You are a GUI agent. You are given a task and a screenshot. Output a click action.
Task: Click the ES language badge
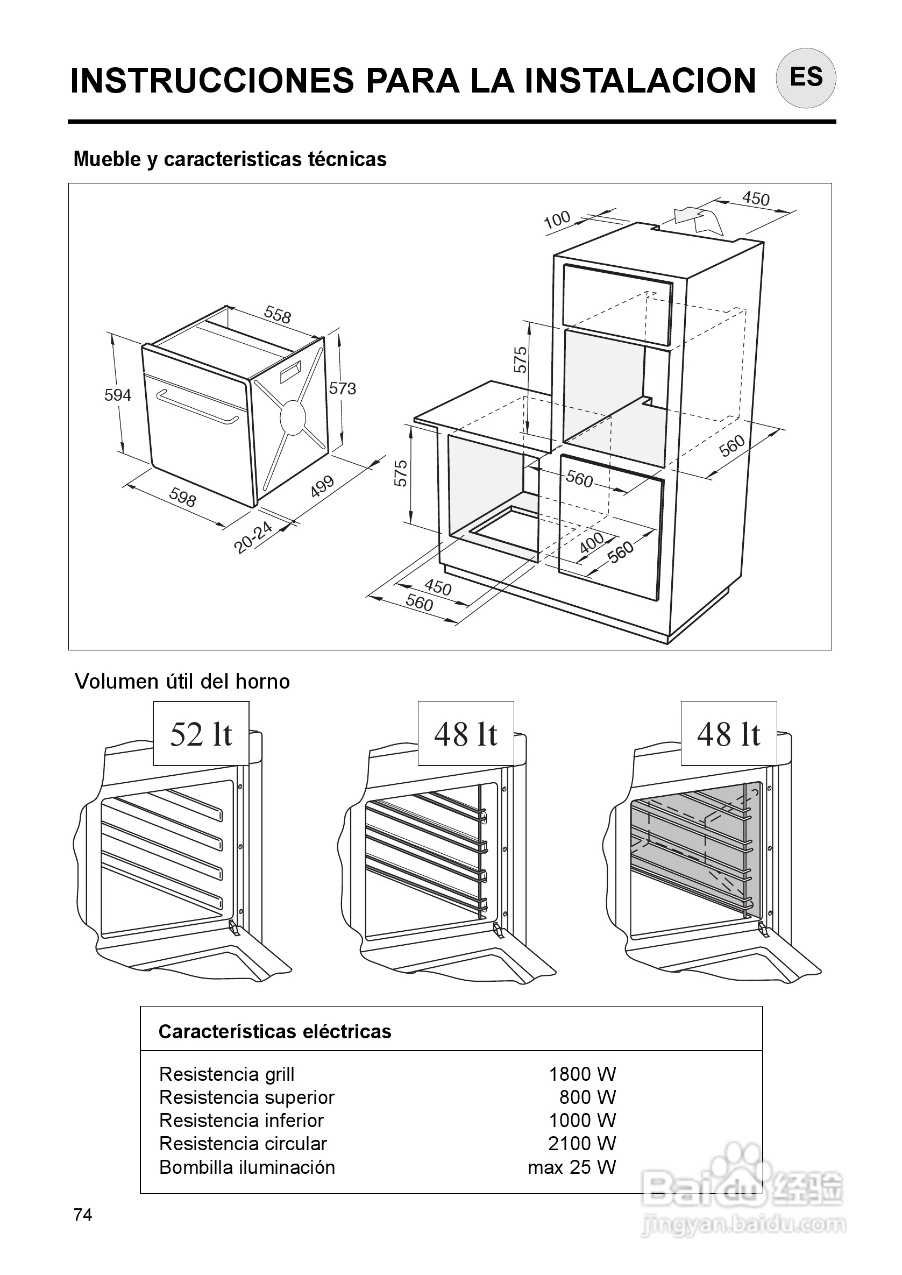[805, 77]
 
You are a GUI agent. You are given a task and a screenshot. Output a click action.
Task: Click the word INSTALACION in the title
[640, 81]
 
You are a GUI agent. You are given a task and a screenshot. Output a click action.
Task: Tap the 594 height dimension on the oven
[118, 395]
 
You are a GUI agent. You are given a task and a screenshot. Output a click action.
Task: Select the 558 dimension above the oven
[277, 315]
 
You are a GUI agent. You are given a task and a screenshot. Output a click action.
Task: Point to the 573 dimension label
[342, 388]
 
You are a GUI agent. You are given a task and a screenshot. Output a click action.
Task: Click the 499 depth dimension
[322, 486]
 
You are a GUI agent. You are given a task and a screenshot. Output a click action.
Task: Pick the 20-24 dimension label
[253, 537]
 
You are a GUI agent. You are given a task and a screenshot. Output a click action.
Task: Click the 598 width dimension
[183, 497]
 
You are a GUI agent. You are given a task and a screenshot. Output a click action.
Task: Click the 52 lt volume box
[201, 734]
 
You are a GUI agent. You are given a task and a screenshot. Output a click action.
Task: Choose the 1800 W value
[582, 1074]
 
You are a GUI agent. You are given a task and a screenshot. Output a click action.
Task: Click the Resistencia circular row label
[243, 1143]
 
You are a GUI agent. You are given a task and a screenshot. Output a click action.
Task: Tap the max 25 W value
[572, 1167]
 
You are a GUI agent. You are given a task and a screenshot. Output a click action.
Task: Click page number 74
[83, 1215]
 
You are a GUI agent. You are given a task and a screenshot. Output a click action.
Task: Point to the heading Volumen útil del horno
[182, 682]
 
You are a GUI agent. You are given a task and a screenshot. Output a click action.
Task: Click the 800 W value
[588, 1097]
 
